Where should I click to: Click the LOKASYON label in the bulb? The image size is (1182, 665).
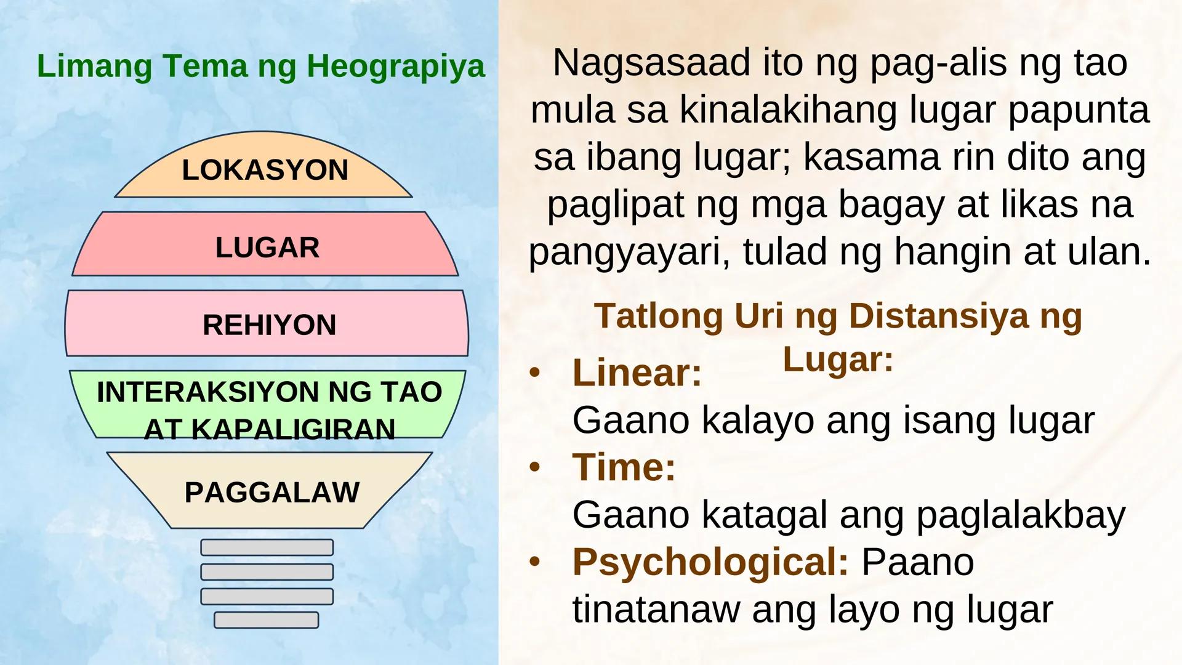click(x=265, y=170)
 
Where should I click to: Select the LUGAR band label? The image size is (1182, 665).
click(x=267, y=248)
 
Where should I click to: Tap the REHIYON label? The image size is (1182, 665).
click(x=269, y=325)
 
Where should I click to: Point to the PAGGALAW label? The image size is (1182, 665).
click(x=271, y=493)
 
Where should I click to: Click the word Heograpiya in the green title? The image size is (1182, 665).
click(x=396, y=66)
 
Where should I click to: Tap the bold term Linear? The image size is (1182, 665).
click(x=637, y=373)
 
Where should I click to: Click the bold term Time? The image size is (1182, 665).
click(x=624, y=467)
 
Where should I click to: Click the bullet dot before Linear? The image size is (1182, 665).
click(x=534, y=373)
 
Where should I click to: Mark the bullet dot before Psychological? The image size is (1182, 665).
click(x=534, y=562)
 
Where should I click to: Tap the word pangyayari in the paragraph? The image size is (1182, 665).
click(x=623, y=252)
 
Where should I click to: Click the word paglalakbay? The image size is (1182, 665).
click(x=1021, y=515)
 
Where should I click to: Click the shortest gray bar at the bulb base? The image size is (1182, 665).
click(x=267, y=620)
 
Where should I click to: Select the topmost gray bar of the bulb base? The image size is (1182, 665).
click(x=267, y=547)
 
